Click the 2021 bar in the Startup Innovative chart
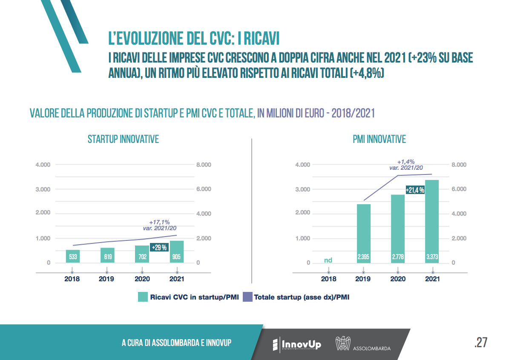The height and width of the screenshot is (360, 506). pos(177,251)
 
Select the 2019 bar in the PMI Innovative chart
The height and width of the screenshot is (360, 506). pos(363,233)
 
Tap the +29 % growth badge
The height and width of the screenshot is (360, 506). pos(159,248)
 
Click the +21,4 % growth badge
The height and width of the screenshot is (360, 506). pos(414,190)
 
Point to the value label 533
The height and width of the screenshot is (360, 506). pos(72,257)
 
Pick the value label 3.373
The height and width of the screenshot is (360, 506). pos(432,257)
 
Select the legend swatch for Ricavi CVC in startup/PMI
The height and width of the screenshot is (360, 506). pos(142,297)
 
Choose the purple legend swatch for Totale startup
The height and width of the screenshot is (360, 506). pos(247,297)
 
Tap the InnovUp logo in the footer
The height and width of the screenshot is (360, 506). pos(296,343)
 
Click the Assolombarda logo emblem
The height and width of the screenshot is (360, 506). pos(343,343)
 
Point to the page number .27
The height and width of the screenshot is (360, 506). pos(480,343)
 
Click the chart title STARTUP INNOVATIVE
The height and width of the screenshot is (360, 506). pos(123,139)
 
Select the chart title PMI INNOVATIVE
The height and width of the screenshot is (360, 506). pos(379,139)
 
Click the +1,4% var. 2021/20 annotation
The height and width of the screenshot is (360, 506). pos(405,165)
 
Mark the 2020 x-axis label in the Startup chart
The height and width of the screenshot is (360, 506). pos(142,279)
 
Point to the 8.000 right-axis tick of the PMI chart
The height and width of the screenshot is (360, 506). pos(459,165)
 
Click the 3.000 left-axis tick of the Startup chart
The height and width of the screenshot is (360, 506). pos(43,189)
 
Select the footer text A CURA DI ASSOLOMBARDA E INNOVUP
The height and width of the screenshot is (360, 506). pos(176,343)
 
